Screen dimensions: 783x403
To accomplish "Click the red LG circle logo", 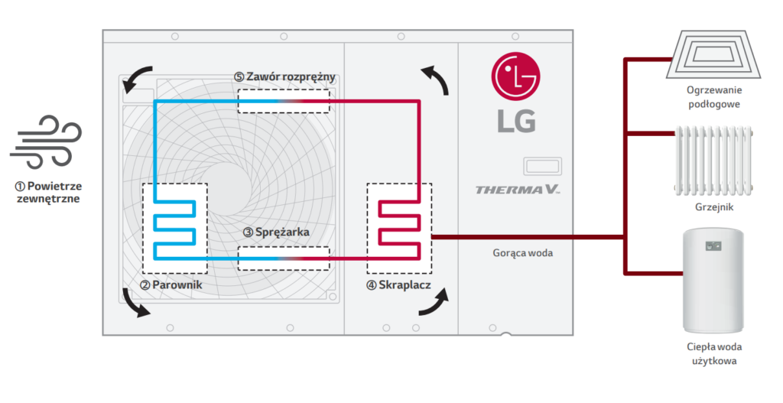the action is pos(516,76).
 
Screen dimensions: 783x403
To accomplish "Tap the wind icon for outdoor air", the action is pos(45,142).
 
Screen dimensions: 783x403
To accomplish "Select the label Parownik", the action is pos(171,285).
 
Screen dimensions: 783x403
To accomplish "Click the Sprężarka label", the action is pos(276,232).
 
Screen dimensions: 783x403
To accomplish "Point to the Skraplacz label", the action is pos(398,285).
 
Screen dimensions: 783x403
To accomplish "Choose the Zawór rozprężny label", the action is pos(284,77).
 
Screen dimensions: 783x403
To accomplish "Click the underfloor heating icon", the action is pos(713,54).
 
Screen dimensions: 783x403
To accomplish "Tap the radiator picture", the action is pos(713,161).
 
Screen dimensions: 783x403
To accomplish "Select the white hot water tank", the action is pos(713,280).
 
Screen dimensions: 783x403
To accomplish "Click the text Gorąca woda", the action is pos(523,253).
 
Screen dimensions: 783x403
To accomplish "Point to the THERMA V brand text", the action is pos(518,190).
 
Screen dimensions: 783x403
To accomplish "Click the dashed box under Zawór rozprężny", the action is pos(284,102).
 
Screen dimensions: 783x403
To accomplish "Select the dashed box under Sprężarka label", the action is pos(284,258).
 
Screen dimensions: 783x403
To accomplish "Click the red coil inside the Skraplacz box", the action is pos(399,230).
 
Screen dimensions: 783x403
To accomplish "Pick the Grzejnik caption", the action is pos(714,207).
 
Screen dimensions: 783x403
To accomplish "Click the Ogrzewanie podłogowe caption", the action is pos(714,97).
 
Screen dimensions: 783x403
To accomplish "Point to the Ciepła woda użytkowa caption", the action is pos(714,353).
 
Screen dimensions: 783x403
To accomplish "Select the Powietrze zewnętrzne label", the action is pos(48,192).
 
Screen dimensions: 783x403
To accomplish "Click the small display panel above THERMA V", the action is pos(542,166).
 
